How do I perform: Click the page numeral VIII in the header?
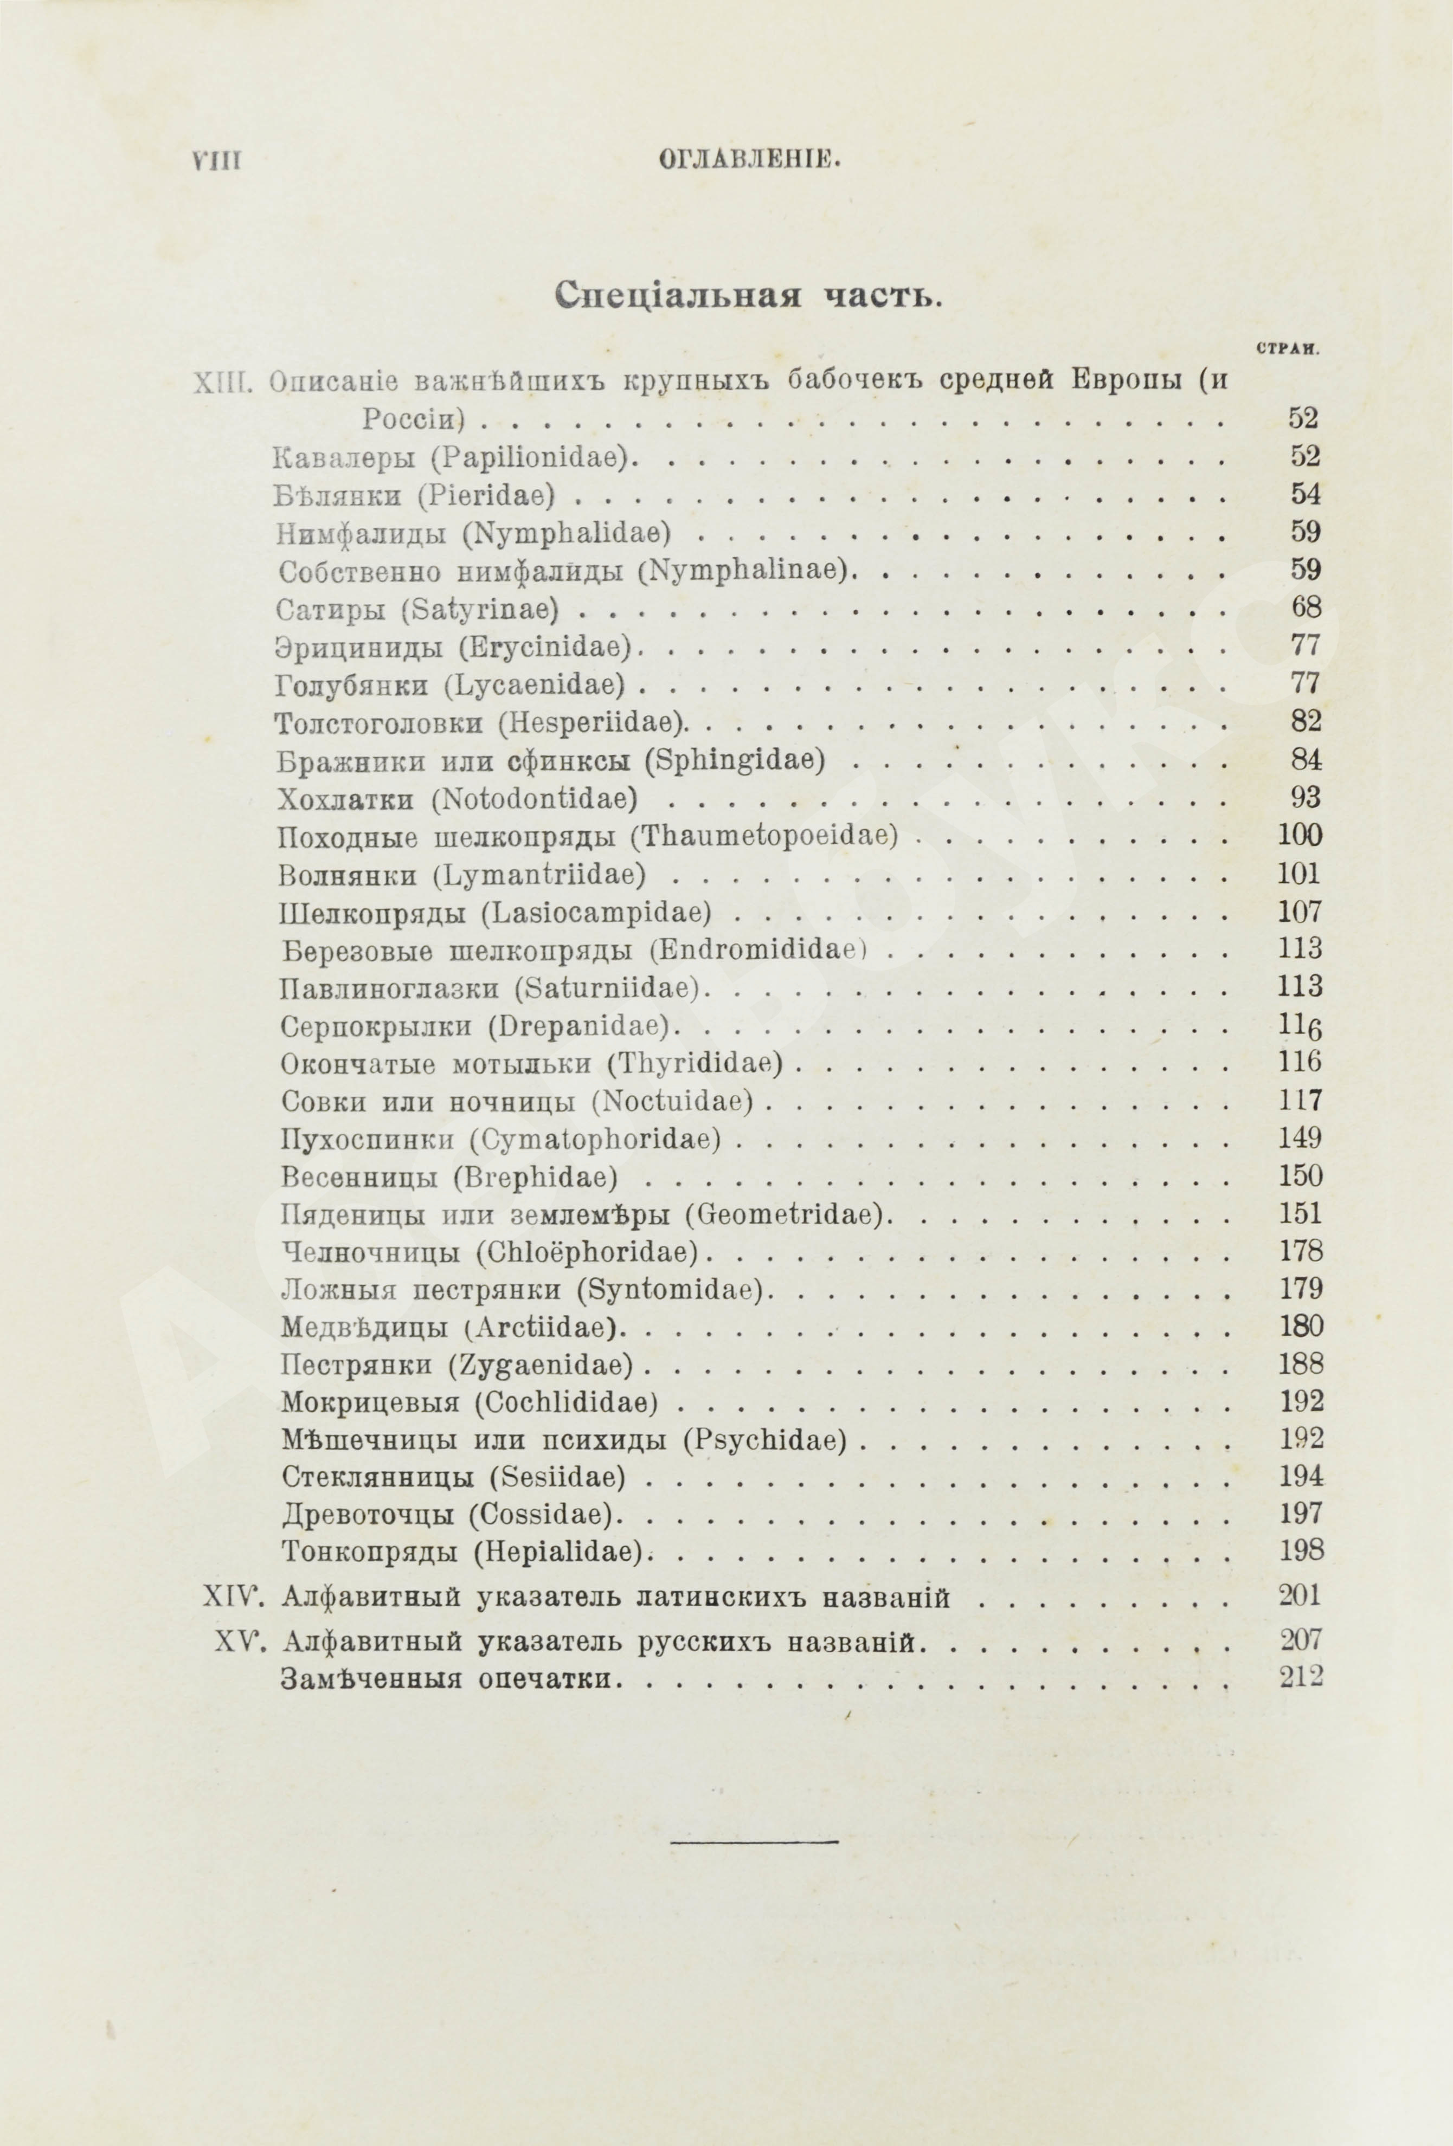pos(216,160)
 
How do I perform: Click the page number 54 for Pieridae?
pos(1305,495)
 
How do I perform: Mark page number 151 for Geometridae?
pos(1301,1213)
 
